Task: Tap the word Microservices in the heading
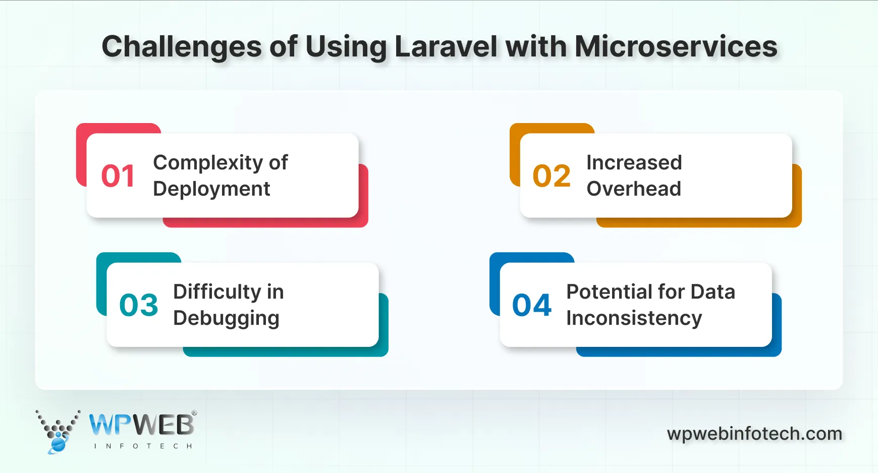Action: [676, 46]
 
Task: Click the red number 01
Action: [118, 176]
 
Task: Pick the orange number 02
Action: [552, 176]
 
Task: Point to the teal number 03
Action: [139, 305]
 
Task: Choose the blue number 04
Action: [532, 305]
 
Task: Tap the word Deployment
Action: [211, 189]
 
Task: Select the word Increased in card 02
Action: [634, 163]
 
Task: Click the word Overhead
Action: [634, 189]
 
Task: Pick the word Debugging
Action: [226, 319]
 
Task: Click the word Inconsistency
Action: [634, 318]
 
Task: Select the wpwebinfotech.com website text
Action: [754, 434]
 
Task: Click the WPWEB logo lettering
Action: [141, 425]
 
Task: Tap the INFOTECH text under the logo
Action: [143, 446]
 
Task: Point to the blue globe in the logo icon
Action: [58, 444]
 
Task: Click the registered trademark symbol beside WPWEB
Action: [194, 413]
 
